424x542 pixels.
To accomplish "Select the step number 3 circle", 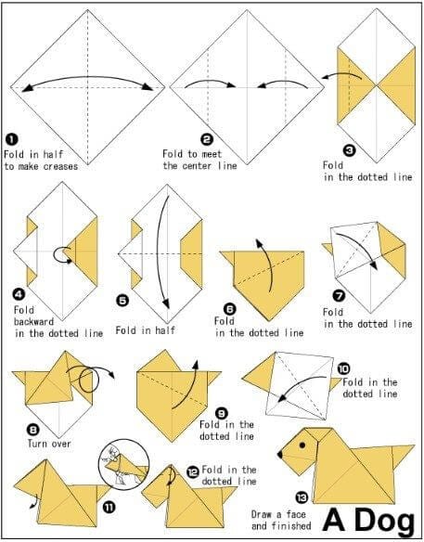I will [x=349, y=149].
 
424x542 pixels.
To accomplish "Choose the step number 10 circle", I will [x=343, y=368].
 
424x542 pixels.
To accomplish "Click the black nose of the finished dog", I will [x=280, y=455].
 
